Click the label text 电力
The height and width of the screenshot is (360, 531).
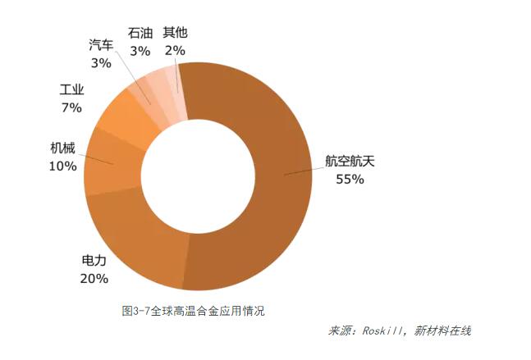click(94, 262)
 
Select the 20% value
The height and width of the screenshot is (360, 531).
click(94, 279)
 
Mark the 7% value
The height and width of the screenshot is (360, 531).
click(71, 107)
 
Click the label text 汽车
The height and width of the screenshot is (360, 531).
click(101, 45)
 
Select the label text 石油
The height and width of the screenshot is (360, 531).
click(140, 33)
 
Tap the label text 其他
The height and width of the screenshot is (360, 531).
click(175, 33)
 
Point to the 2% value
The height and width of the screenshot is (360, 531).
click(175, 50)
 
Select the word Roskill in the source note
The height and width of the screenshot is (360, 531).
click(382, 331)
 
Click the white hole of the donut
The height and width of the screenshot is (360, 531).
click(198, 177)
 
